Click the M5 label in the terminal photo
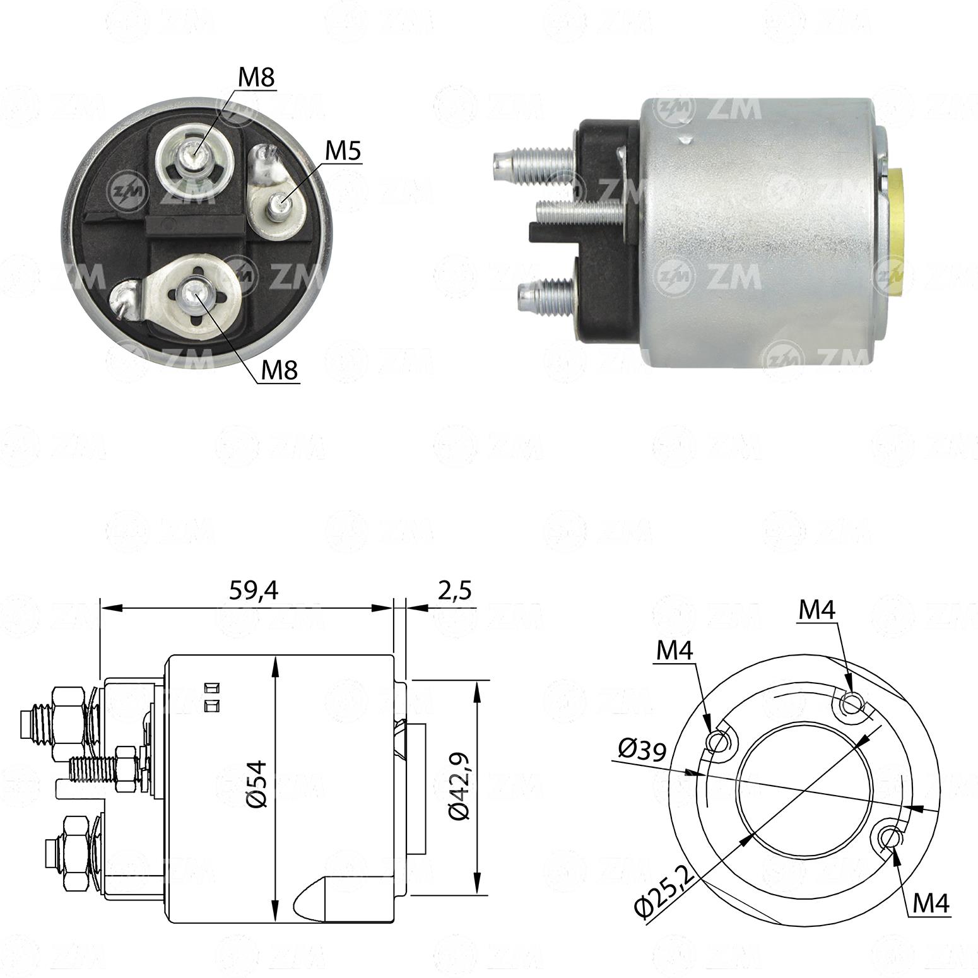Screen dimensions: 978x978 (345, 151)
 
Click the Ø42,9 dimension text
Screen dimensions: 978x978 (459, 784)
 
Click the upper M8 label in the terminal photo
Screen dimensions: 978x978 (257, 78)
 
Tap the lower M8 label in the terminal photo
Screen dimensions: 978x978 (279, 370)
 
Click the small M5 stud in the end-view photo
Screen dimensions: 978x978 (278, 204)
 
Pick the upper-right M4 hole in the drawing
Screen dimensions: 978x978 (851, 702)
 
